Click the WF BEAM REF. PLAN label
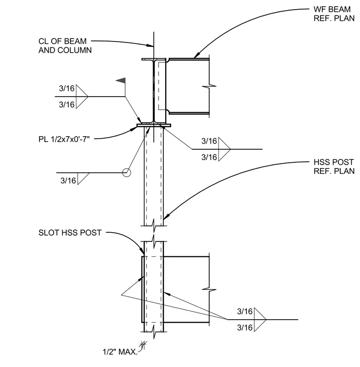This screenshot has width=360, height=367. [x=334, y=14]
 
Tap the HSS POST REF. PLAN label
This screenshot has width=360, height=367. [x=334, y=167]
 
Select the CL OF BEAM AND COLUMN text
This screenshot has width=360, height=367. [x=65, y=46]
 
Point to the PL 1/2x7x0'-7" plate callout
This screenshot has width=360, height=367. [x=64, y=139]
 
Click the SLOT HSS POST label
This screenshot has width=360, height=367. [x=70, y=233]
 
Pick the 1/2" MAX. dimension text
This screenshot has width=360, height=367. [x=120, y=352]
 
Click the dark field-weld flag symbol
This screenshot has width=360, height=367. [x=121, y=81]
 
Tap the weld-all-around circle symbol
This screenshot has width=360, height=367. [x=127, y=173]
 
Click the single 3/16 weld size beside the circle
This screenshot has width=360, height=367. [x=68, y=181]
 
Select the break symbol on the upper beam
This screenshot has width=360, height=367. [x=209, y=86]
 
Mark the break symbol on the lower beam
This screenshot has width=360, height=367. [x=209, y=290]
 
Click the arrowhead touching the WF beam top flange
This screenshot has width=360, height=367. [x=196, y=56]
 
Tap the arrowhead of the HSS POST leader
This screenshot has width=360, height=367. [x=166, y=217]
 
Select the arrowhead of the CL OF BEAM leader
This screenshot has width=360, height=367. [x=150, y=45]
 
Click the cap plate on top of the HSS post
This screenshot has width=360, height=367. [x=154, y=126]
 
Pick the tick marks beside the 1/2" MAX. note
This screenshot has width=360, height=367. [x=143, y=345]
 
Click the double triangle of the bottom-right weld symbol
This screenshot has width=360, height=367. [x=260, y=320]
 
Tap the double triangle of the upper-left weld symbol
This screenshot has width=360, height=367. [x=82, y=97]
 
